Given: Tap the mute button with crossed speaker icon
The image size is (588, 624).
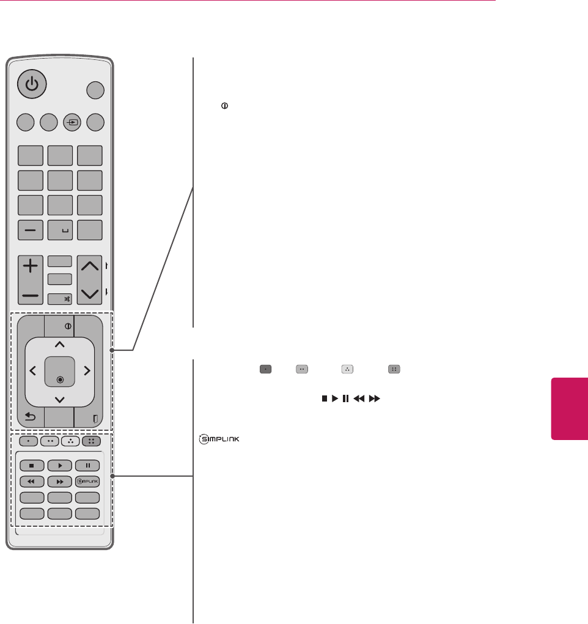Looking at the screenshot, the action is coord(60,299).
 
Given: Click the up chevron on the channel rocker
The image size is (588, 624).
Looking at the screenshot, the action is coord(90,266).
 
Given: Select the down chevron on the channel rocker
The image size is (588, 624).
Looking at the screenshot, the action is coord(90,294).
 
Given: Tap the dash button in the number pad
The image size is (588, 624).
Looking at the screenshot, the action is coord(30,230).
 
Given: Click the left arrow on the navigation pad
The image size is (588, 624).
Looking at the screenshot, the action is coord(32,370).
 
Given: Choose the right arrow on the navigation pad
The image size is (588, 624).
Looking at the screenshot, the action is coord(87,370).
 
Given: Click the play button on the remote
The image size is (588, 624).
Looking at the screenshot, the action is coord(60,466).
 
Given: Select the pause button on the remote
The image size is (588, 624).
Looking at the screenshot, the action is coord(88,466).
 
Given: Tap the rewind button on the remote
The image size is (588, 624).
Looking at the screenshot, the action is coord(32,481).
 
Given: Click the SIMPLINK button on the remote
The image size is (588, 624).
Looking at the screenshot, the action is coord(88,481).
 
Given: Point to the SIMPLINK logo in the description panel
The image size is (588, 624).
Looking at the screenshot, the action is coord(218,439).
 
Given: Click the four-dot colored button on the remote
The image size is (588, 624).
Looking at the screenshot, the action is coord(88,440).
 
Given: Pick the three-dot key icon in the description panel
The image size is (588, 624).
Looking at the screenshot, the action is coord(347,369).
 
